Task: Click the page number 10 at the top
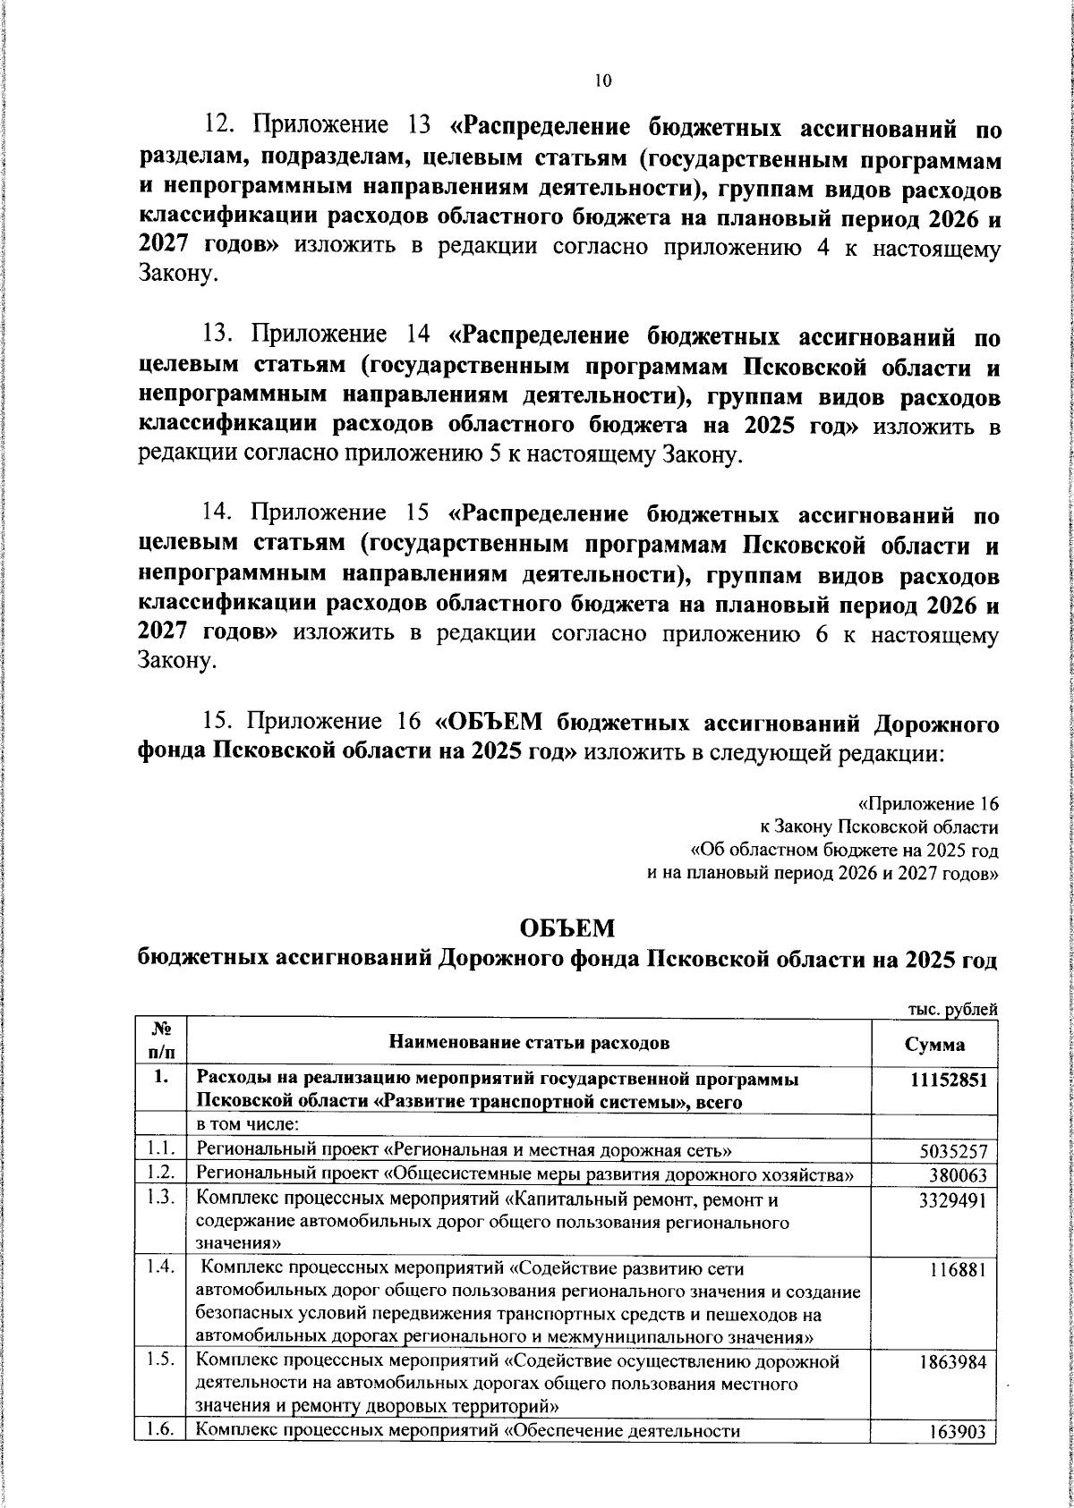pos(601,81)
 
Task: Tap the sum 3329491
pos(953,1200)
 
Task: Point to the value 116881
pos(957,1270)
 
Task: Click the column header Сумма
pos(934,1045)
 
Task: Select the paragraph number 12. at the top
pos(219,126)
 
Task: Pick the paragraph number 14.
pos(219,513)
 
